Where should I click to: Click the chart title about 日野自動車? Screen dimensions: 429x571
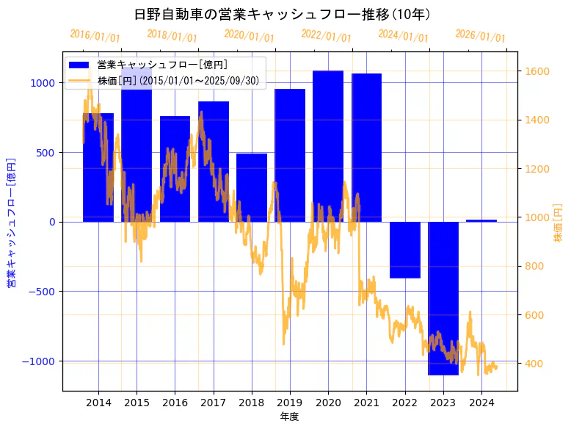(283, 14)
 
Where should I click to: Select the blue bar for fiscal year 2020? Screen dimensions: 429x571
(328, 146)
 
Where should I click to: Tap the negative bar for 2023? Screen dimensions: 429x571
(443, 298)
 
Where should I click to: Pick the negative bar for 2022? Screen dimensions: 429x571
(405, 250)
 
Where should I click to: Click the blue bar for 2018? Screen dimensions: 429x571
(252, 187)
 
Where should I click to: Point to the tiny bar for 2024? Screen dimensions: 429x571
(481, 220)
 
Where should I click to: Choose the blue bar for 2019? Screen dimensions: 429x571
(290, 155)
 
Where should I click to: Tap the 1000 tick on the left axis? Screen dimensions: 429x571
(43, 83)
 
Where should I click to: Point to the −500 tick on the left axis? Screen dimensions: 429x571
(40, 292)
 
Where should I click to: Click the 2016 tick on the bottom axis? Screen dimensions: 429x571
(175, 403)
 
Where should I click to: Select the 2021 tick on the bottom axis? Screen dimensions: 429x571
(366, 403)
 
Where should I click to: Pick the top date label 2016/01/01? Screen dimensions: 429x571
(95, 35)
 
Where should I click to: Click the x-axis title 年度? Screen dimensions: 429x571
(290, 417)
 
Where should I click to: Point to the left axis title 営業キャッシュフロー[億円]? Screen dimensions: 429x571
(12, 222)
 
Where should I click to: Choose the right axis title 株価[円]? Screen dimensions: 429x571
(559, 224)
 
